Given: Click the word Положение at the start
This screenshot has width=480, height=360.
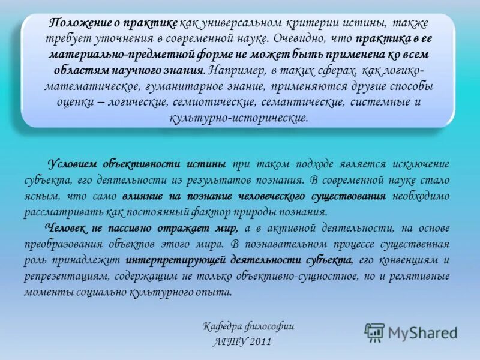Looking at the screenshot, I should point(77,24).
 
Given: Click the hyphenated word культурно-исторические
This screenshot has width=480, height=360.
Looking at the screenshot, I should point(239,118).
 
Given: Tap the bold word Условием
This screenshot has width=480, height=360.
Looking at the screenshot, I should point(70,164).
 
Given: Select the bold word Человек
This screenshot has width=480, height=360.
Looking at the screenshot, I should point(65,229).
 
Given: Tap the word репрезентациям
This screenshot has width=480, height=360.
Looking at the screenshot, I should point(62,277).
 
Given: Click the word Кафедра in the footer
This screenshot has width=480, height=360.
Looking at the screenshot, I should point(221,327).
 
